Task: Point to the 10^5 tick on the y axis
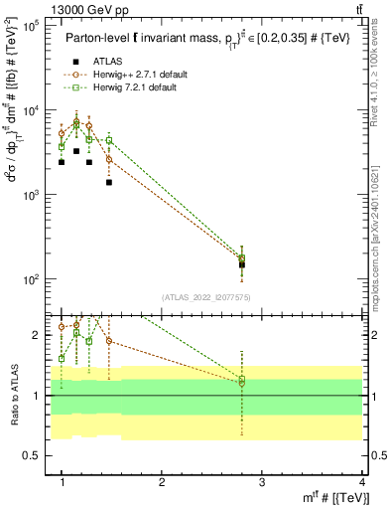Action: point(30,27)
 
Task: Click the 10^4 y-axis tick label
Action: point(30,111)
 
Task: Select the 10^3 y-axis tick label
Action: point(30,196)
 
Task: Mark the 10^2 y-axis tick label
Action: point(30,280)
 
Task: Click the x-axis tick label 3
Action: point(262,482)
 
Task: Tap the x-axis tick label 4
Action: point(361,482)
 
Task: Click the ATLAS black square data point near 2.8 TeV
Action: point(242,264)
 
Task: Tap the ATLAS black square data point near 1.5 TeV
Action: point(109,182)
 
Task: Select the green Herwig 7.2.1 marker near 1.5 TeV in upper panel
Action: point(109,140)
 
